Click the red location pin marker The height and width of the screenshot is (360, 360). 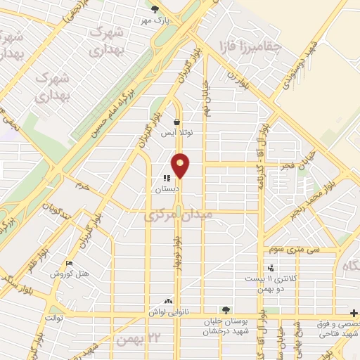pos(181,165)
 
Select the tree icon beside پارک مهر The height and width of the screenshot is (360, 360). pos(155,9)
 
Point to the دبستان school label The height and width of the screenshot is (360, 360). pos(168,189)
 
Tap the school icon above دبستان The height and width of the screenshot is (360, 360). pos(167,179)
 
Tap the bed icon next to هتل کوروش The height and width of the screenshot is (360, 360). pos(68,263)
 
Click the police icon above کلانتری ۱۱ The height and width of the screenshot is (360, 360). pos(270,268)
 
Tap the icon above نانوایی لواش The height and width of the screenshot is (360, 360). pos(167,300)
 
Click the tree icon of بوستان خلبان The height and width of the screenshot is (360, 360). pos(225,309)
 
